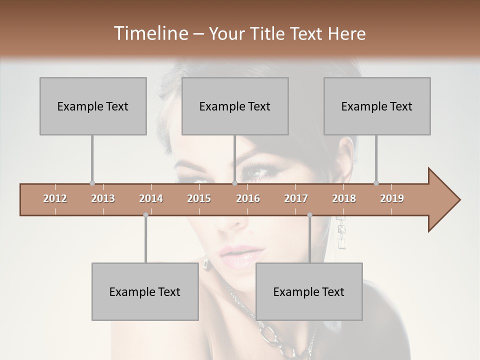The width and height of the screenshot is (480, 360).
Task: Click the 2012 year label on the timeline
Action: pos(55,198)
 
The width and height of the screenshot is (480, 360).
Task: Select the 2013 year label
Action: pos(103,198)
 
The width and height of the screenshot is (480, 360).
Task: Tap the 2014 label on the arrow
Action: pos(151,198)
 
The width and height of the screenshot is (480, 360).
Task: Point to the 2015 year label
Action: pos(199,198)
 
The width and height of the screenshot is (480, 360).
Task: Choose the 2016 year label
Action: pos(248,198)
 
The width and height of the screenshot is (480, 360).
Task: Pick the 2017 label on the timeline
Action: pos(296,198)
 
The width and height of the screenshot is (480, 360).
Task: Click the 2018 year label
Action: pos(344,198)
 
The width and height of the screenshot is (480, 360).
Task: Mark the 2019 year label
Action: pos(392,198)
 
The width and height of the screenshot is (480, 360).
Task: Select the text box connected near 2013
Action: pos(93,106)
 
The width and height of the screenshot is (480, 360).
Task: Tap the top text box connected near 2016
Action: pos(235,106)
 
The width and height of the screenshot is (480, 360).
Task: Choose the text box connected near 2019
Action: pos(377,106)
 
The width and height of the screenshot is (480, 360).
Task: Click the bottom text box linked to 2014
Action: pos(145,291)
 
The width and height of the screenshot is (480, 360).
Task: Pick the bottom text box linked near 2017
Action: pos(309,291)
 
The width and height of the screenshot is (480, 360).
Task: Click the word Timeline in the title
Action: pos(149,33)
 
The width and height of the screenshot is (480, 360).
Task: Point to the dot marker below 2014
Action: pos(145,215)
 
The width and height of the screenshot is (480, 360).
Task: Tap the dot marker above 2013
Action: pos(92,183)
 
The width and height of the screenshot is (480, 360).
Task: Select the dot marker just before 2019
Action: pos(376,183)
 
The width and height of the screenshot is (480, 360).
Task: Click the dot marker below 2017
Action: pos(309,215)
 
